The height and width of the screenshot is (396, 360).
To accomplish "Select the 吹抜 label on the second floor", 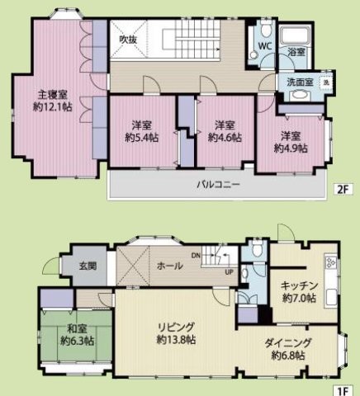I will click(127, 39).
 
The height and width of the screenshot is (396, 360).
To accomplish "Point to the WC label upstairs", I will click(265, 46).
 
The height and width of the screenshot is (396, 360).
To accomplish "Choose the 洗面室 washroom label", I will click(299, 82).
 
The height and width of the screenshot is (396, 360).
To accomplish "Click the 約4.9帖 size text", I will click(291, 148).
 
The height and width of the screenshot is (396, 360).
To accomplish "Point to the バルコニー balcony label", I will click(218, 185).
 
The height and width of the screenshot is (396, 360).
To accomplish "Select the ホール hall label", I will click(168, 266).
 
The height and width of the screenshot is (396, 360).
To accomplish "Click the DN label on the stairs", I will click(195, 256).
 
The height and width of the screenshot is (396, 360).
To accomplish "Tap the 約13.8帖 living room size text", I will click(176, 339).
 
